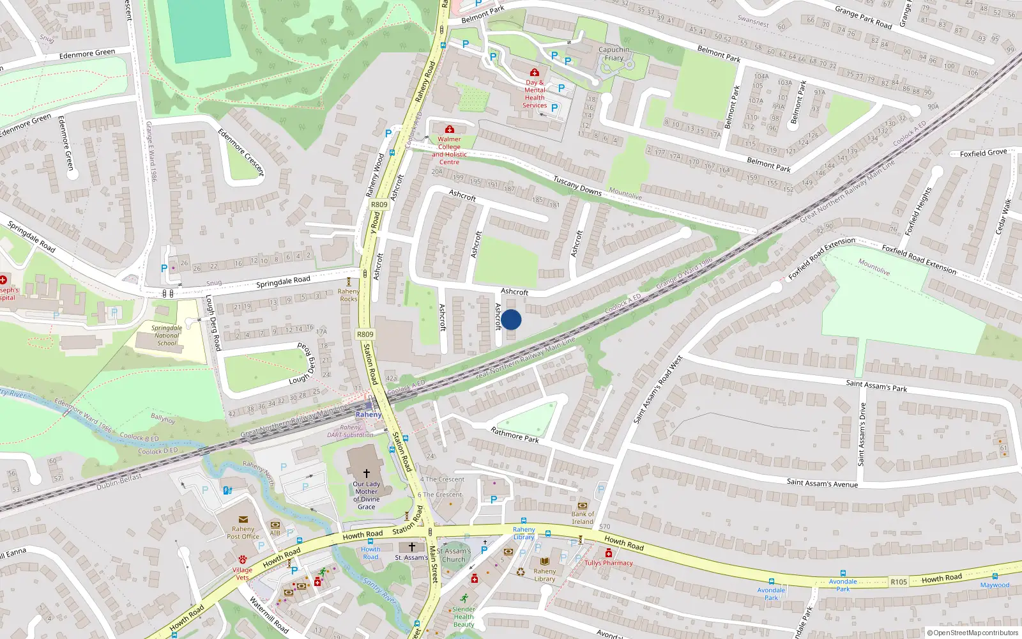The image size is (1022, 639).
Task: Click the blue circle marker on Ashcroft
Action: [x=511, y=319]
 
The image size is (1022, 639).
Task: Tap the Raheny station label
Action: [x=369, y=415]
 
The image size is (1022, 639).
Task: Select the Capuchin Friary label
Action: [x=614, y=54]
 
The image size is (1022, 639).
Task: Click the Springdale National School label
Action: [x=167, y=335]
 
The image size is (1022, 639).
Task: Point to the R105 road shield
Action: [x=898, y=581]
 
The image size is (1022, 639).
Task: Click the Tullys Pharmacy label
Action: [x=609, y=563]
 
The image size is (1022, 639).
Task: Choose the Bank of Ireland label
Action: [x=583, y=518]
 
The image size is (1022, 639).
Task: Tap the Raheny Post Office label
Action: [x=243, y=532]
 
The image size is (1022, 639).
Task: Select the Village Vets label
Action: [x=242, y=573]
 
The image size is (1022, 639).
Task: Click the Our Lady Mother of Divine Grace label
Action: [x=367, y=495]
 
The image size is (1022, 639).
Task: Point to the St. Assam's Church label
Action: [x=454, y=555]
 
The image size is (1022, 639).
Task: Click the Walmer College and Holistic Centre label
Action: [x=449, y=150]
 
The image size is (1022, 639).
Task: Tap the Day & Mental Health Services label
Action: [x=535, y=94]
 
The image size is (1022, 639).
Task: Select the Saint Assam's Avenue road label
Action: [x=822, y=483]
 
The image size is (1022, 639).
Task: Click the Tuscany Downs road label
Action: [x=577, y=185]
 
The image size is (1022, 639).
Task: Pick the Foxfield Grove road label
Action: [x=983, y=153]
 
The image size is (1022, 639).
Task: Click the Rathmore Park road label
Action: [x=515, y=435]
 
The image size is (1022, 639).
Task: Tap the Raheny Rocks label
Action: [x=349, y=295]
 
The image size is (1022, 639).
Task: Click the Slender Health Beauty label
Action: [x=464, y=617]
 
